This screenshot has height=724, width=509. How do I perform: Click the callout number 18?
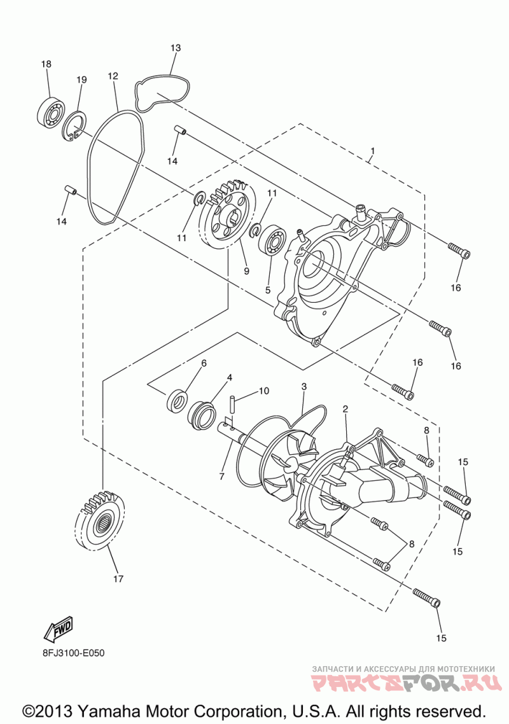[46, 64]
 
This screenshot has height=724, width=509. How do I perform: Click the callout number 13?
[176, 48]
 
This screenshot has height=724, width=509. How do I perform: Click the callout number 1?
[372, 151]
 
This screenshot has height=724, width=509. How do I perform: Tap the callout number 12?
[113, 76]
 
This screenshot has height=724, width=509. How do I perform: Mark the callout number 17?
[118, 579]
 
